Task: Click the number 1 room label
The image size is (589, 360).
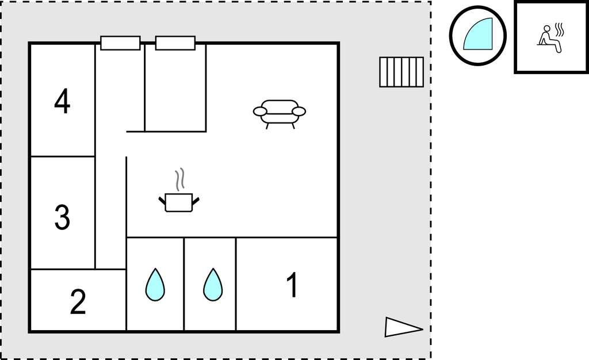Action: click(292, 285)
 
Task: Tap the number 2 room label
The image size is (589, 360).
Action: click(78, 301)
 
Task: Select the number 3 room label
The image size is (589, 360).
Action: click(62, 217)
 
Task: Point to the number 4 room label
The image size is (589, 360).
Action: click(62, 101)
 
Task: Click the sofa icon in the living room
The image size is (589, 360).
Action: click(280, 114)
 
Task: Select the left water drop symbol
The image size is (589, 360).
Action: click(155, 285)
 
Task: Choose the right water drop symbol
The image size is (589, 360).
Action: click(213, 285)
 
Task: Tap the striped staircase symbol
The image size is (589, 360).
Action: click(401, 72)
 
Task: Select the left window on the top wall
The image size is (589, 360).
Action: click(120, 43)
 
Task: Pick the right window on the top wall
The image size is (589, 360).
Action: click(175, 43)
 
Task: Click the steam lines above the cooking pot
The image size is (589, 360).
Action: click(180, 179)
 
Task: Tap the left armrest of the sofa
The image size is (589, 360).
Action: click(260, 112)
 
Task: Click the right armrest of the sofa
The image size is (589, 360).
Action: click(299, 112)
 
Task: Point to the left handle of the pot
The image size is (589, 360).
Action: click(162, 201)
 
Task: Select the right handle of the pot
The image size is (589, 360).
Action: click(196, 201)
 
